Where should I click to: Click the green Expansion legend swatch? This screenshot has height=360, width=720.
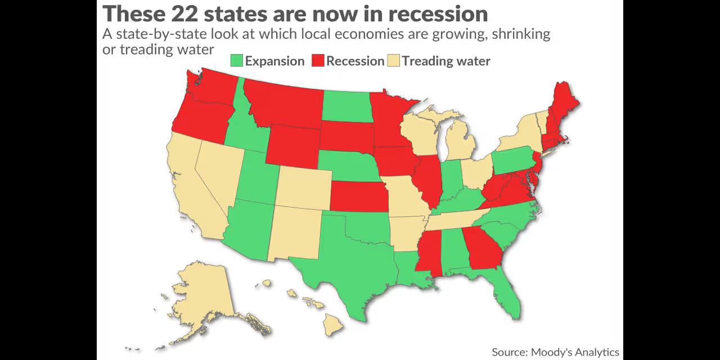pos(237,61)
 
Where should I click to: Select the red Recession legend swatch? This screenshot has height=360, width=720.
pos(318,61)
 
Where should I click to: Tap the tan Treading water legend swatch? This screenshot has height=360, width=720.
pos(393,61)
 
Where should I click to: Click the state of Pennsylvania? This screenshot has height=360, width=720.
pos(514,160)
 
